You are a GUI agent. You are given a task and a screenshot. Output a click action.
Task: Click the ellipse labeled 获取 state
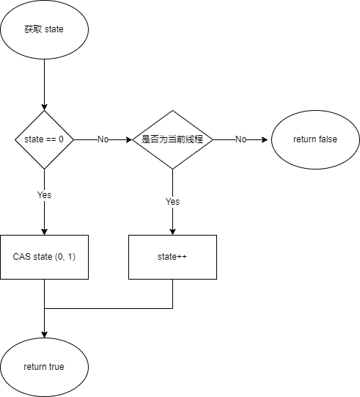[44, 29]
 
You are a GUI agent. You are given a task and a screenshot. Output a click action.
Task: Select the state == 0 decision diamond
[44, 139]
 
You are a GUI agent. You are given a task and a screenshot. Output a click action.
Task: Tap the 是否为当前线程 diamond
[172, 139]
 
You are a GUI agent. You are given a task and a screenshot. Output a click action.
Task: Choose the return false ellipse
[315, 139]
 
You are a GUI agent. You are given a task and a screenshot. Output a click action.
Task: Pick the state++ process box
[172, 257]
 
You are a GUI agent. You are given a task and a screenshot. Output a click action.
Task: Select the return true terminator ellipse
[44, 367]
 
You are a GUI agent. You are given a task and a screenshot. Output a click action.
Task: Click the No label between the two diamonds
[103, 139]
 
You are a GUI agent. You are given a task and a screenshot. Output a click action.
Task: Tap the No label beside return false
[240, 139]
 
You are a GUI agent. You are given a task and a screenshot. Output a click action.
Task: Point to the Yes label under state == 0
[44, 196]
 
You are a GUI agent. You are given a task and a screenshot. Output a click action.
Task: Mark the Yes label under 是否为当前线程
[172, 202]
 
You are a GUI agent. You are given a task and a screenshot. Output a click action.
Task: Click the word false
[328, 139]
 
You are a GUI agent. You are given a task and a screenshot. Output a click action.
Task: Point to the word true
[56, 367]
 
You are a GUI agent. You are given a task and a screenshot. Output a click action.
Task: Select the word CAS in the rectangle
[22, 257]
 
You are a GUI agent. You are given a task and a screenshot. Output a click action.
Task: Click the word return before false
[304, 139]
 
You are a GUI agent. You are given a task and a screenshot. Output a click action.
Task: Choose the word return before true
[34, 367]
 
